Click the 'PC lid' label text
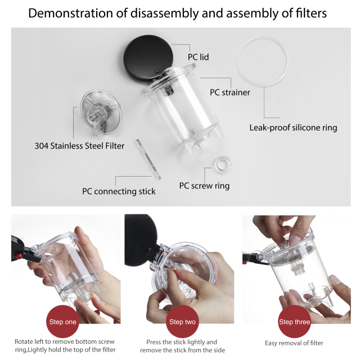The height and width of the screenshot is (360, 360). (199, 57)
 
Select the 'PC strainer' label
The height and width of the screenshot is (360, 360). (229, 92)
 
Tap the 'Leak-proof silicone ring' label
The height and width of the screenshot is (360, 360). (293, 128)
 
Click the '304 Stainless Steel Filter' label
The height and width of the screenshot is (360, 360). (79, 146)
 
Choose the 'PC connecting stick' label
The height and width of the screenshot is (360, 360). (119, 191)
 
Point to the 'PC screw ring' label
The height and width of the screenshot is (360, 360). (204, 186)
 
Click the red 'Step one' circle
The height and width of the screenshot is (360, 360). (64, 322)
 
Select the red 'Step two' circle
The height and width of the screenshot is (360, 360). (183, 322)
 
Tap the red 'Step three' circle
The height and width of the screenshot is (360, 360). (294, 322)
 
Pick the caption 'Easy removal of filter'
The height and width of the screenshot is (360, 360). (294, 343)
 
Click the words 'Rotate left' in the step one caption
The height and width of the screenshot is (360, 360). (29, 342)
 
